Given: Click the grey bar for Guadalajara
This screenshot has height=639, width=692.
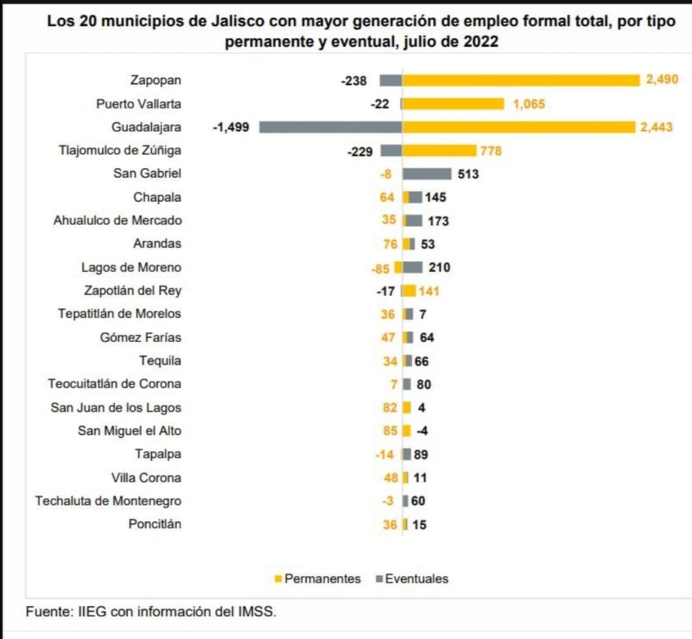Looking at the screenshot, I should [330, 127].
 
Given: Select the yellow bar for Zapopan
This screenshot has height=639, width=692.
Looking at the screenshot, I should [521, 80].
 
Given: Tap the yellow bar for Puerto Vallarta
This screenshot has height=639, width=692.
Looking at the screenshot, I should [454, 103].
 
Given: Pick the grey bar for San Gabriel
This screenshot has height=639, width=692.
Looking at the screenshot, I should [426, 174].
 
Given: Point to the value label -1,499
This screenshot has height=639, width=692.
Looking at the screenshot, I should [231, 128].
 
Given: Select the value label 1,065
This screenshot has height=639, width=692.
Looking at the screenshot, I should [529, 104].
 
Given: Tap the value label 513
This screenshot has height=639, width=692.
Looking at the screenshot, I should [468, 174].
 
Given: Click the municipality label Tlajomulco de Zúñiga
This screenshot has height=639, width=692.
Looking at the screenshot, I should [120, 150].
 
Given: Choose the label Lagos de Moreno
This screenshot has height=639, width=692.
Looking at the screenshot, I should [131, 267].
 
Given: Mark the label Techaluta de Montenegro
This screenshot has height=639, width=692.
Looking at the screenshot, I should [108, 501].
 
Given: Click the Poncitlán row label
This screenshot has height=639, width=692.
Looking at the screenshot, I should [155, 524].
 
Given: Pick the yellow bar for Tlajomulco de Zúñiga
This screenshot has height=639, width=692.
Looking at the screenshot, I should [439, 150].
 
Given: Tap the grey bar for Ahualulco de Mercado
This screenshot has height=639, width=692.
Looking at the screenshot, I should [413, 221].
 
